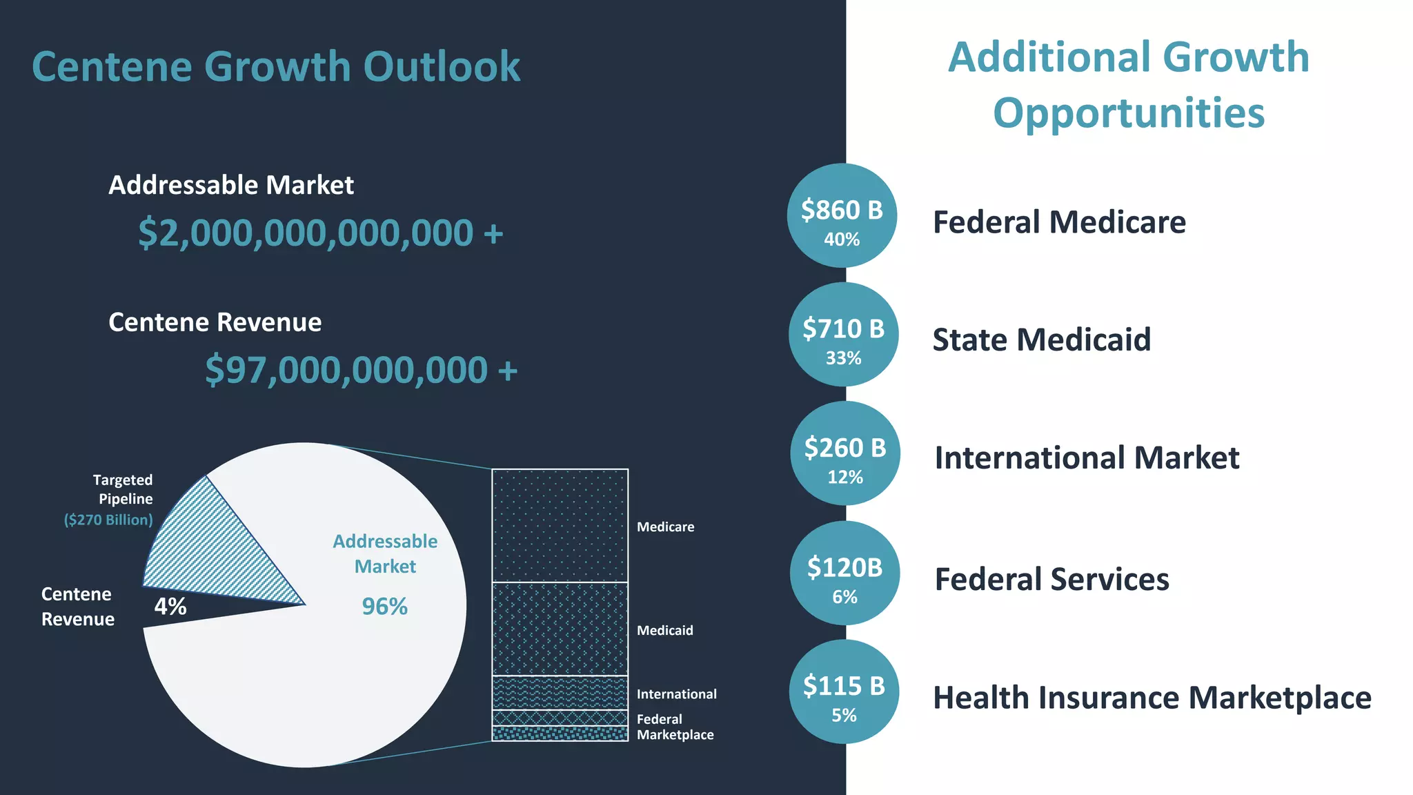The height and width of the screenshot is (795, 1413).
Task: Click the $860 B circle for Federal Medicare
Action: (x=842, y=215)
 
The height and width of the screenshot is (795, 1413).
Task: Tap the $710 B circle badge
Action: (x=843, y=335)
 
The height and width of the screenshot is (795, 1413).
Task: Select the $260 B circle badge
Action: (x=845, y=453)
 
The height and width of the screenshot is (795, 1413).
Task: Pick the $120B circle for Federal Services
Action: (x=844, y=573)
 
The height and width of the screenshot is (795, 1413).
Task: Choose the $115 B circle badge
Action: (x=844, y=691)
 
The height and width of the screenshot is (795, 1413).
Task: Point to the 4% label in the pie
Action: (x=170, y=607)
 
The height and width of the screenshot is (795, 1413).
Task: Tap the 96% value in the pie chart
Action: (x=385, y=607)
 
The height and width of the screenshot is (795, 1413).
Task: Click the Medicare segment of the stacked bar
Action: (x=560, y=525)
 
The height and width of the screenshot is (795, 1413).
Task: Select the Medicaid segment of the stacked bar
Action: (x=560, y=629)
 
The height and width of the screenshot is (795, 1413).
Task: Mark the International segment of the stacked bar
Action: (x=560, y=692)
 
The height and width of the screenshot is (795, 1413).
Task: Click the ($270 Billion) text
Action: (x=108, y=520)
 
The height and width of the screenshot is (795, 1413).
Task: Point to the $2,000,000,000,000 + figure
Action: (x=321, y=233)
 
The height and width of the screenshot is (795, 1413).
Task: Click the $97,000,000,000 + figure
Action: (x=361, y=370)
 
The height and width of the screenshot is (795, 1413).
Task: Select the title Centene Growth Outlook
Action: (x=276, y=66)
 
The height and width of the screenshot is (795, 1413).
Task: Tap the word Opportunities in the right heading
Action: (x=1129, y=113)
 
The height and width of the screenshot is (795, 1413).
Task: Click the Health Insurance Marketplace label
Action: (x=1152, y=698)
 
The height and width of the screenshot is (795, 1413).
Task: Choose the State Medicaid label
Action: (x=1042, y=340)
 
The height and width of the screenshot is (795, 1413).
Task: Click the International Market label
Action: (x=1087, y=458)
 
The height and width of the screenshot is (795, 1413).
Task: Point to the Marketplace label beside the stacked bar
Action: (x=675, y=735)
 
